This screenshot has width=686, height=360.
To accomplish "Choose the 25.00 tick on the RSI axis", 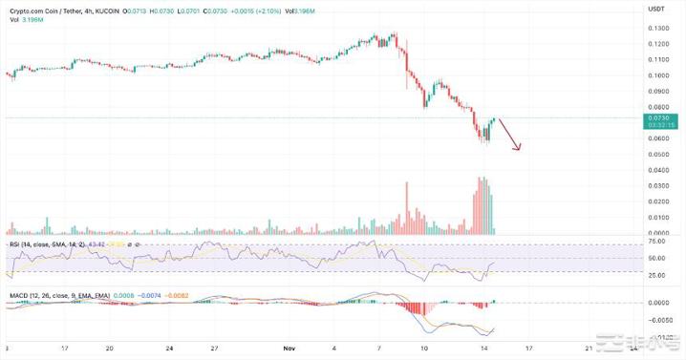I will (655, 275).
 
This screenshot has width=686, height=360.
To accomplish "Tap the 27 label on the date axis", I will (217, 349).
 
